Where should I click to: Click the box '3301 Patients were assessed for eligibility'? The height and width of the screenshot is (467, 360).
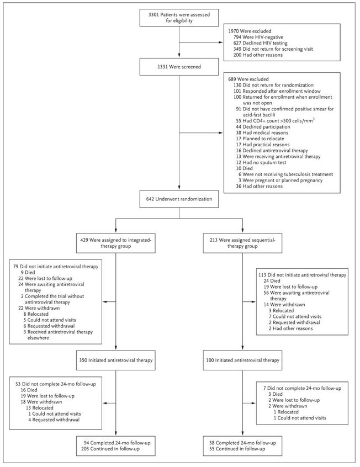click(x=179, y=18)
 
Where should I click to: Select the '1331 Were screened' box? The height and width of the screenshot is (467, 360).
click(x=179, y=67)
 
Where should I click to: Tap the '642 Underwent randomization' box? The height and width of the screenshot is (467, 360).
click(x=179, y=199)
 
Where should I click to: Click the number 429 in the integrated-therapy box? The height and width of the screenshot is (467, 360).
click(x=84, y=240)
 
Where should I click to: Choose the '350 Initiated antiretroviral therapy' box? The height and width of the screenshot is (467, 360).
click(x=115, y=360)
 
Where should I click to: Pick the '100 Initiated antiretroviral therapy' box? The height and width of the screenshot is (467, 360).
click(x=242, y=360)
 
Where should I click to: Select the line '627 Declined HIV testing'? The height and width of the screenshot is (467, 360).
click(x=261, y=43)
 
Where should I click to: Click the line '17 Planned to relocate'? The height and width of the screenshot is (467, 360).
click(x=259, y=139)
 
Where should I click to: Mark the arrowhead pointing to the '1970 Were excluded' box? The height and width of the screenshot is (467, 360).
click(x=221, y=43)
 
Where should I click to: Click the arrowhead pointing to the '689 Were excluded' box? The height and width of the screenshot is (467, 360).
click(x=221, y=132)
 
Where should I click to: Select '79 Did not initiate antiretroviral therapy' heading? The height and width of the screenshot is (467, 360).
click(x=56, y=267)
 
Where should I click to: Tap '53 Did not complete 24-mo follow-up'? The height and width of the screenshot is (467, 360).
click(x=56, y=384)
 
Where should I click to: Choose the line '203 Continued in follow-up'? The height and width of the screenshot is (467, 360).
click(x=110, y=449)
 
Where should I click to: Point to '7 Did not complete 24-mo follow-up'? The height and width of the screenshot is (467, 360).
click(x=302, y=389)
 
